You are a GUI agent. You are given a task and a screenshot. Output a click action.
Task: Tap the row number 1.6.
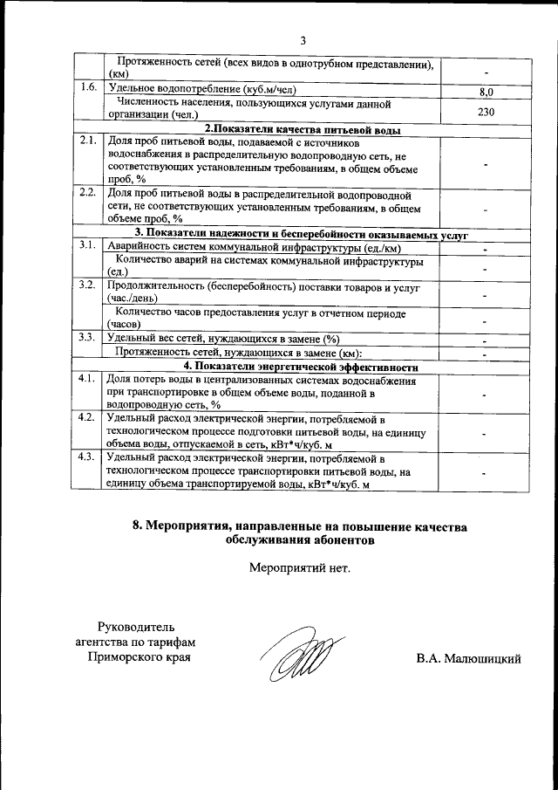pyautogui.click(x=87, y=88)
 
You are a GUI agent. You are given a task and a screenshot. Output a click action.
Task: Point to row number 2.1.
pyautogui.click(x=87, y=141)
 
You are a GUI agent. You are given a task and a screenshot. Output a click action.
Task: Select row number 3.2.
pyautogui.click(x=87, y=285)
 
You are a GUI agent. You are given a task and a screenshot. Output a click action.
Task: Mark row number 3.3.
pyautogui.click(x=87, y=338)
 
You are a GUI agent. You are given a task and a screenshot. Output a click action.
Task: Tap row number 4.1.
pyautogui.click(x=87, y=379)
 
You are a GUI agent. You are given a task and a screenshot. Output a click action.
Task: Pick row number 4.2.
pyautogui.click(x=87, y=417)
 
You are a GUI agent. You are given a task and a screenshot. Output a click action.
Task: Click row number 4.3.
pyautogui.click(x=87, y=456)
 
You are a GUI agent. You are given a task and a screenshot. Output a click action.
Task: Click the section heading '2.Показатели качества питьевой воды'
pyautogui.click(x=303, y=129)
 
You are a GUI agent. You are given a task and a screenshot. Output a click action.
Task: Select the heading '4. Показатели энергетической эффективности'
pyautogui.click(x=303, y=366)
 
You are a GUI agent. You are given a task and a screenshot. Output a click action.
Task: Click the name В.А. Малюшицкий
pyautogui.click(x=468, y=657)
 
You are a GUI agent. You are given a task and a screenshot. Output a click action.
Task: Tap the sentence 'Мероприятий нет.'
pyautogui.click(x=299, y=569)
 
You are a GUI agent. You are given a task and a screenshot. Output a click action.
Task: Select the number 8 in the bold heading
pyautogui.click(x=136, y=526)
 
